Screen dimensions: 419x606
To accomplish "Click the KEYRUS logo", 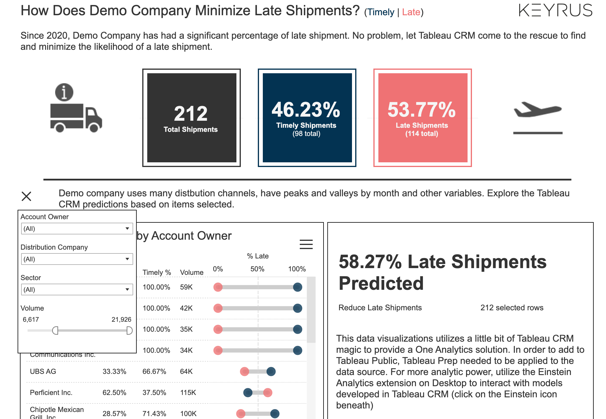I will pyautogui.click(x=555, y=10).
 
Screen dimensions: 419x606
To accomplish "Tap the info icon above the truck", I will pyautogui.click(x=64, y=92).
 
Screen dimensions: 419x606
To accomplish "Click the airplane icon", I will pyautogui.click(x=538, y=110).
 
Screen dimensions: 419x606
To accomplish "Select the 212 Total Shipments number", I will pyautogui.click(x=191, y=114).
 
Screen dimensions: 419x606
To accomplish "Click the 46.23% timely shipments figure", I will pyautogui.click(x=306, y=110).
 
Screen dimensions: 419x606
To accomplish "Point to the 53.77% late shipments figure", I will pyautogui.click(x=422, y=110).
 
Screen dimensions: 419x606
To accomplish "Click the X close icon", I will pyautogui.click(x=26, y=196).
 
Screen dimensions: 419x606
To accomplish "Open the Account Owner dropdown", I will pyautogui.click(x=77, y=229).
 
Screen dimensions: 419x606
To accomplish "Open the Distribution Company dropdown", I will pyautogui.click(x=77, y=259).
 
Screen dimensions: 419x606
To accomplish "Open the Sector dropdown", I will pyautogui.click(x=77, y=289).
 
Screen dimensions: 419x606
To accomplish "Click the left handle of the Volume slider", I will pyautogui.click(x=55, y=331).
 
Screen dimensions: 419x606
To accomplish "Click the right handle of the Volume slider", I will pyautogui.click(x=129, y=331).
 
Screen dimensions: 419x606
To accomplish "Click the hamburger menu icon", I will pyautogui.click(x=306, y=244).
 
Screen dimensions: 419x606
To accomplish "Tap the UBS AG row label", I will pyautogui.click(x=43, y=372).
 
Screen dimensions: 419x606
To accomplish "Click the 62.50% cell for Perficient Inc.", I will pyautogui.click(x=114, y=393).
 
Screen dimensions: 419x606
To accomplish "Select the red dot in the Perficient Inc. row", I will pyautogui.click(x=268, y=393).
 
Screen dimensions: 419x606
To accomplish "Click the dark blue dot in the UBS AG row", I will pyautogui.click(x=271, y=372).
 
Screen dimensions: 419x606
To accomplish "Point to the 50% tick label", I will pyautogui.click(x=257, y=269).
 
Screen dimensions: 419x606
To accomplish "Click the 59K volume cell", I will pyautogui.click(x=186, y=287).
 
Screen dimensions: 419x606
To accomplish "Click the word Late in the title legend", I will pyautogui.click(x=411, y=12).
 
